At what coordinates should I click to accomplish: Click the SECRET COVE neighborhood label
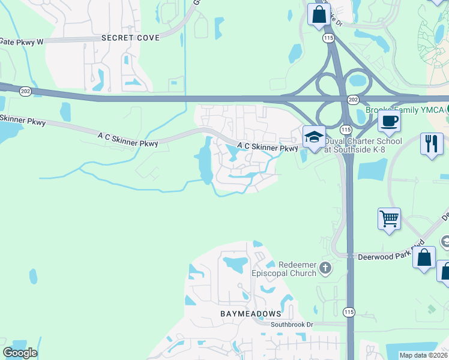(130, 38)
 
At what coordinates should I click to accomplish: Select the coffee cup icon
(389, 121)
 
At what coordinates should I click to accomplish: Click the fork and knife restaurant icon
(432, 144)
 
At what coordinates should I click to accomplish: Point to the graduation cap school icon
(314, 137)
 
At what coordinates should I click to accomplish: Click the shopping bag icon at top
(319, 14)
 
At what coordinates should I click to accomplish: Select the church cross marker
(325, 268)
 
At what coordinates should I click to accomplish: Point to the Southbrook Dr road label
(292, 325)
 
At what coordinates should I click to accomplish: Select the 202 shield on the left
(25, 91)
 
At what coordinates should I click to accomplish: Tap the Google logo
(20, 353)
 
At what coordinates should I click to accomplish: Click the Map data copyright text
(423, 355)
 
